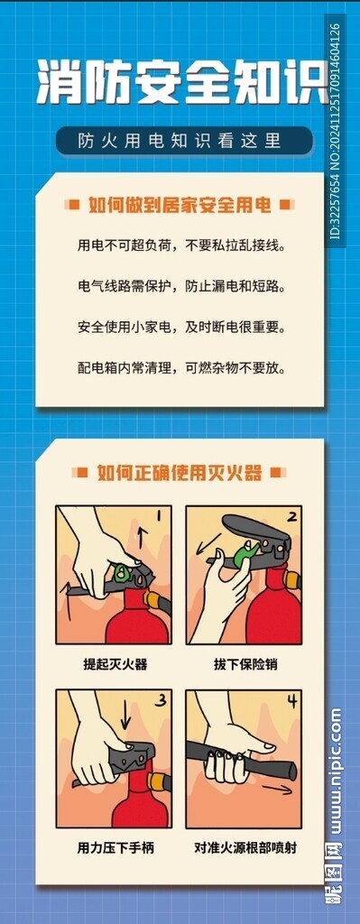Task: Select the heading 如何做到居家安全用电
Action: click(x=180, y=205)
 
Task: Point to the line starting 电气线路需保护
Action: click(x=181, y=287)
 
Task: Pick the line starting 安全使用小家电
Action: click(x=181, y=327)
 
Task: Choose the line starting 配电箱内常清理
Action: click(x=181, y=369)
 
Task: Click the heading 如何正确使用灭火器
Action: click(x=180, y=473)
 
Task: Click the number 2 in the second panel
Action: click(x=291, y=518)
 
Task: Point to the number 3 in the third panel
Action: click(x=161, y=701)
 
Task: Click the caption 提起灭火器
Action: click(x=115, y=665)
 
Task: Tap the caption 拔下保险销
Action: click(x=245, y=665)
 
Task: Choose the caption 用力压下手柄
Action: click(x=115, y=848)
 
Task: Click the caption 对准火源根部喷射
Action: click(x=245, y=848)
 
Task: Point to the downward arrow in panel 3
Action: click(x=125, y=714)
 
